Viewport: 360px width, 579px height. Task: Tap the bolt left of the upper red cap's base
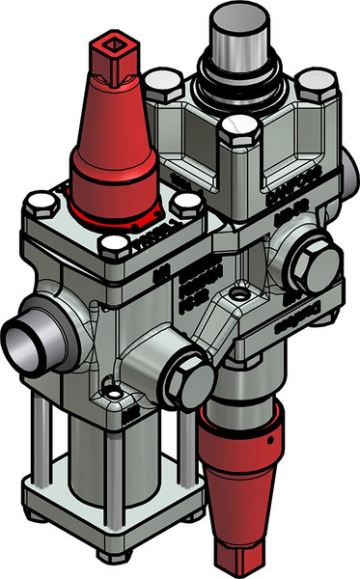click(40, 205)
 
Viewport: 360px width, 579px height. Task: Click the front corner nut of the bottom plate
click(113, 557)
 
